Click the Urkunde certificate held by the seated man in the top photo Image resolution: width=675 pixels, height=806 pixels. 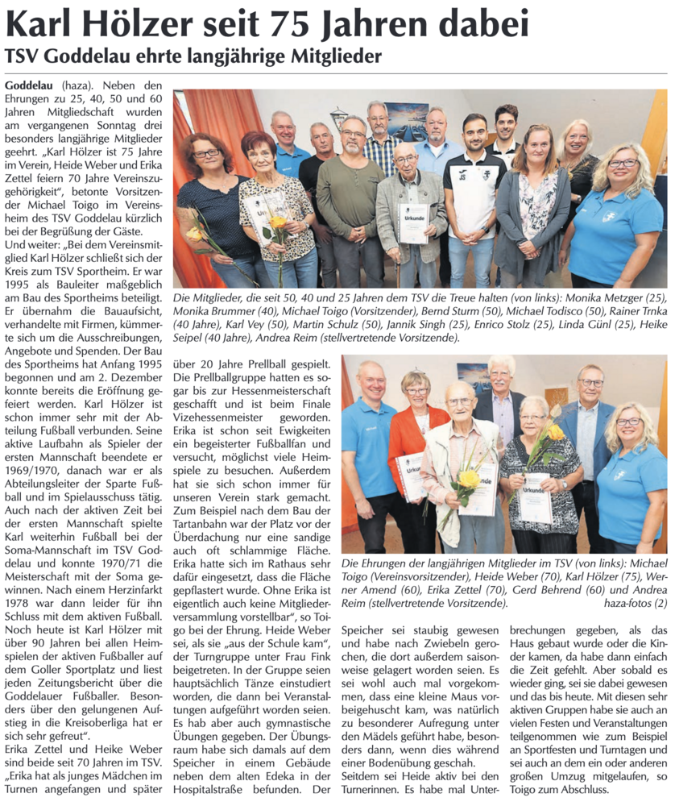pos(412,222)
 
